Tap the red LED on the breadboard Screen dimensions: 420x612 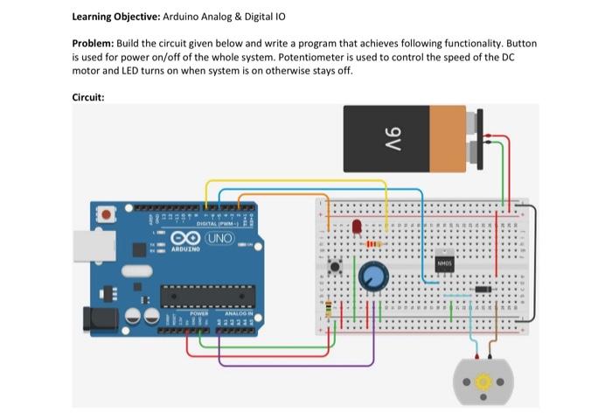click(357, 228)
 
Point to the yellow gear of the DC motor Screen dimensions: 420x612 click(480, 382)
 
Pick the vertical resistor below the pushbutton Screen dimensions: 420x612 click(327, 311)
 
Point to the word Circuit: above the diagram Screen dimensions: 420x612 click(88, 97)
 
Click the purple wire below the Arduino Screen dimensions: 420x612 click(289, 364)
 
